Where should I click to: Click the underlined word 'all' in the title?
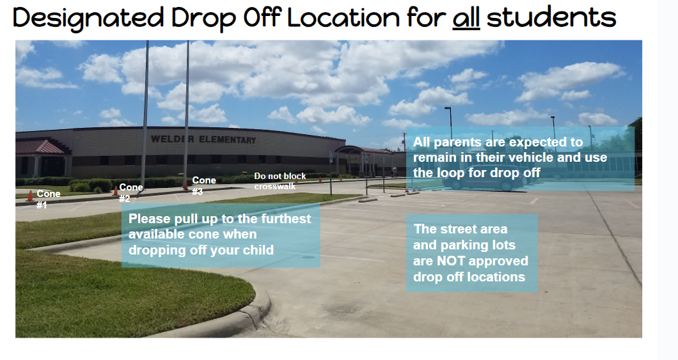(466, 18)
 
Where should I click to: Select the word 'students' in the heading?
(551, 18)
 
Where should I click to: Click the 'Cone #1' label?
(48, 200)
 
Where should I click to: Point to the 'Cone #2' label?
(130, 192)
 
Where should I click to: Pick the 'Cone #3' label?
(203, 186)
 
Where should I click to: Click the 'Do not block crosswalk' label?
(280, 181)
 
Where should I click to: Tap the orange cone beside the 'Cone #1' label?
(30, 196)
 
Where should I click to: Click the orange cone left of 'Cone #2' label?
(115, 190)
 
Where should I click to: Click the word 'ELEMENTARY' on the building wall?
(228, 139)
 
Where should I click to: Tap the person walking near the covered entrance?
(395, 172)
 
